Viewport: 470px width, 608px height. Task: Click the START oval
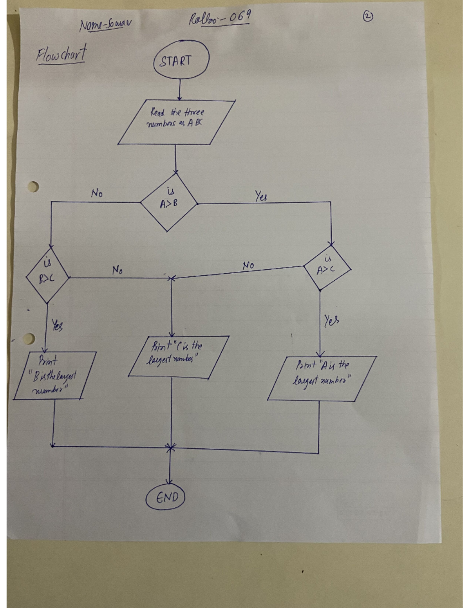pyautogui.click(x=181, y=61)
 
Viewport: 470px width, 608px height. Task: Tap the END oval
pyautogui.click(x=166, y=498)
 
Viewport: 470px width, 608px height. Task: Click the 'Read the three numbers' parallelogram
pyautogui.click(x=176, y=122)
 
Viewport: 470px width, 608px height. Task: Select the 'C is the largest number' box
pyautogui.click(x=178, y=357)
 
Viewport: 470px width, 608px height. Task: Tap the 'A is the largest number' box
pyautogui.click(x=322, y=378)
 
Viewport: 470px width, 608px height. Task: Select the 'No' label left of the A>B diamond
pyautogui.click(x=97, y=193)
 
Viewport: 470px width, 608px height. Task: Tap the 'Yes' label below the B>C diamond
pyautogui.click(x=57, y=325)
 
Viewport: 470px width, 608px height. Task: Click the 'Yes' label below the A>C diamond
pyautogui.click(x=331, y=321)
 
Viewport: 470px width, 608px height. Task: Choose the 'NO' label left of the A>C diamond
pyautogui.click(x=248, y=265)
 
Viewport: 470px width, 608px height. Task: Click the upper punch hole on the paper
pyautogui.click(x=33, y=187)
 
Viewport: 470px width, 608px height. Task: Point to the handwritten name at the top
pyautogui.click(x=105, y=25)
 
